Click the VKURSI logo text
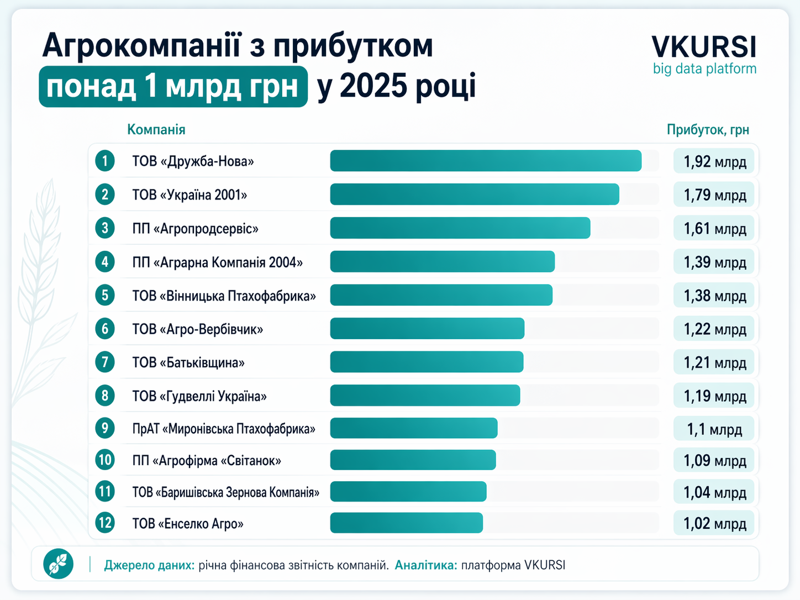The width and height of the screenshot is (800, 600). point(704,47)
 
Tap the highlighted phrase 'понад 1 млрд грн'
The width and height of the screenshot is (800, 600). point(173,87)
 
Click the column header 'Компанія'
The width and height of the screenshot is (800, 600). point(156,130)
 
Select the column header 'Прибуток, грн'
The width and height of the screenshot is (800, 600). point(708,130)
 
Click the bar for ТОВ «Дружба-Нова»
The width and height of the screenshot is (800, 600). point(486,161)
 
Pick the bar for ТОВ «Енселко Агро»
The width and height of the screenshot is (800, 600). point(407,523)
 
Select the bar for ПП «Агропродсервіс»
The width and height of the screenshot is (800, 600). point(460,228)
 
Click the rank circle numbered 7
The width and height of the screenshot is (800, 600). point(105,362)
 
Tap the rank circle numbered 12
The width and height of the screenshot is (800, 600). point(105,523)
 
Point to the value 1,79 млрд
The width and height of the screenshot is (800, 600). point(714,195)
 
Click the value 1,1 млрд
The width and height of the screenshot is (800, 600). point(714,429)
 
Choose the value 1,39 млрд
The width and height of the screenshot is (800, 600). point(714,262)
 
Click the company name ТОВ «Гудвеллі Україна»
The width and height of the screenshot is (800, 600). point(199,396)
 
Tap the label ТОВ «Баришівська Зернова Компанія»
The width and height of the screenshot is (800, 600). point(225,492)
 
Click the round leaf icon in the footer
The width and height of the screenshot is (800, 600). point(59,564)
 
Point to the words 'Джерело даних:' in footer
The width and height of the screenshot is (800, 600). point(149,565)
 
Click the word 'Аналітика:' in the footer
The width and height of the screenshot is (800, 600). point(426,565)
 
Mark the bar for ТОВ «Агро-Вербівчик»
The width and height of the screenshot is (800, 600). point(427,329)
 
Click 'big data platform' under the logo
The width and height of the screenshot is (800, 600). point(704,69)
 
